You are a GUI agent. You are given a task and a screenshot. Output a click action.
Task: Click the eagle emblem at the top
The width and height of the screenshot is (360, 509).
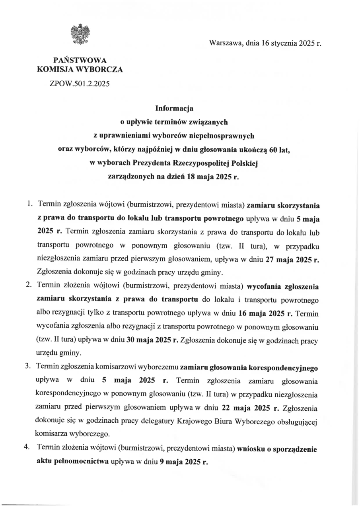[x=80, y=34]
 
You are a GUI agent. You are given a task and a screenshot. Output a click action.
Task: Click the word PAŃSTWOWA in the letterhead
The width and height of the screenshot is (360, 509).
[x=80, y=61]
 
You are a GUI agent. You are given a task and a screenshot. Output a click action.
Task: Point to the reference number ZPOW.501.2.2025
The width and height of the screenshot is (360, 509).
[x=80, y=84]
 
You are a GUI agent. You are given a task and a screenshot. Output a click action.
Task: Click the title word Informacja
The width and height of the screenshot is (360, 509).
[x=179, y=108]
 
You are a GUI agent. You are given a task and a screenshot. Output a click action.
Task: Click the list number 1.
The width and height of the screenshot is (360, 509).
[x=29, y=204]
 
